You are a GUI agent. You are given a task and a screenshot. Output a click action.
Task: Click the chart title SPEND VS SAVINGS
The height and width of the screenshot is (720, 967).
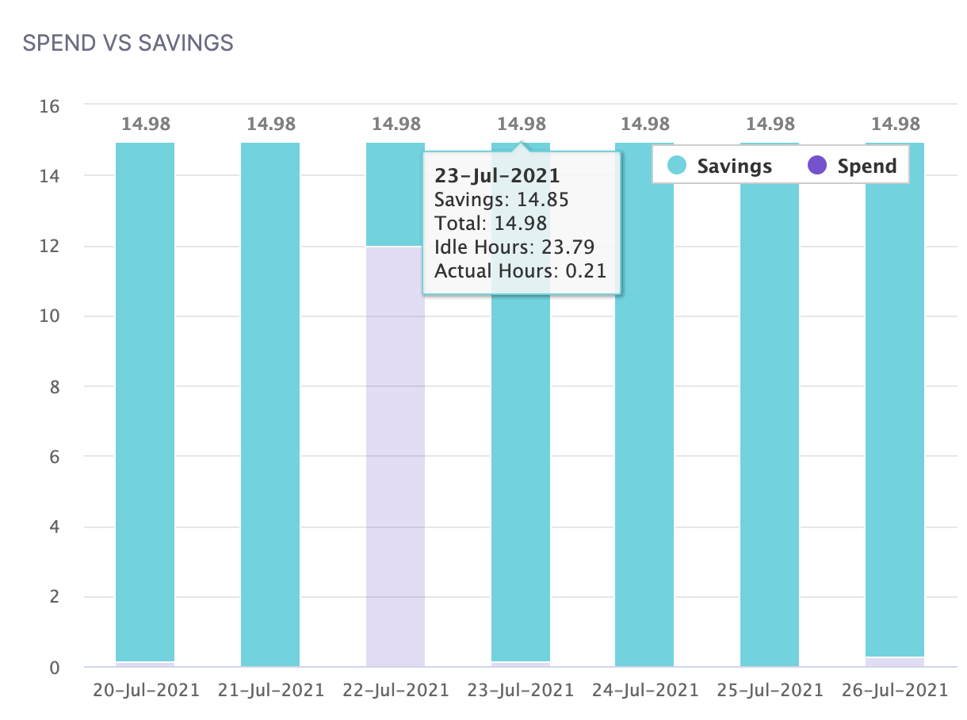tap(128, 43)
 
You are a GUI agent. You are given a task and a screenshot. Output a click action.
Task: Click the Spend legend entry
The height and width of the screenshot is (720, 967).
tap(852, 167)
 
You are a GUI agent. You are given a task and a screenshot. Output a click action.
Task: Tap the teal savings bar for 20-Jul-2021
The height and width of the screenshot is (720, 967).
tap(145, 396)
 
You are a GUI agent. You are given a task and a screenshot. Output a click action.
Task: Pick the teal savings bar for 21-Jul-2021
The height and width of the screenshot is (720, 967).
tap(270, 396)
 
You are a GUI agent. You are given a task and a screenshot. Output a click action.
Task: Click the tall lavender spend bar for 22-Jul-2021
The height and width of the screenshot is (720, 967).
tap(396, 476)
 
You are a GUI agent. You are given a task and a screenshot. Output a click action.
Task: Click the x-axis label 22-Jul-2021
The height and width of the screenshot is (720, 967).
tap(396, 690)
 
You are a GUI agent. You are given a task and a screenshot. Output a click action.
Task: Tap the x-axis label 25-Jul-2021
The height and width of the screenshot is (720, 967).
tap(770, 690)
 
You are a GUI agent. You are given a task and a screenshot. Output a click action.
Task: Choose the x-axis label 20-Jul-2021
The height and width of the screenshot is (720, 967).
tap(145, 690)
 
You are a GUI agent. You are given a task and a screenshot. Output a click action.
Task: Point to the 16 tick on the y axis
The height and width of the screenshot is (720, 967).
tap(51, 105)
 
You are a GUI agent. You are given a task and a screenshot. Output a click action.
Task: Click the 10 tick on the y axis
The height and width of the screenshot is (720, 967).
tap(51, 316)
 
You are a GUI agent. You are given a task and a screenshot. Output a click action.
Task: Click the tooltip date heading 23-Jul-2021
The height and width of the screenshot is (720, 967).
tap(497, 175)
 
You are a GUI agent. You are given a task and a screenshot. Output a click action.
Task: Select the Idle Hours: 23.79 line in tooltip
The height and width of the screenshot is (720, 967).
tap(514, 247)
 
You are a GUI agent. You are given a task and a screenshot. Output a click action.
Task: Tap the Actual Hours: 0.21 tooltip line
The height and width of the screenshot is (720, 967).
tap(520, 270)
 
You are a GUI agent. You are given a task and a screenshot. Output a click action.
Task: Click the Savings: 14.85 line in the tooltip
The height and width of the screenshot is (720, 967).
tap(501, 199)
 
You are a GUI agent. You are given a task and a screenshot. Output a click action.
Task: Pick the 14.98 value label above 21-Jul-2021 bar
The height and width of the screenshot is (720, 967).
tap(270, 124)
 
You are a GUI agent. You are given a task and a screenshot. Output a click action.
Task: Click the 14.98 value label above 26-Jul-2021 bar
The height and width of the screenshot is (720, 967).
tap(895, 124)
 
